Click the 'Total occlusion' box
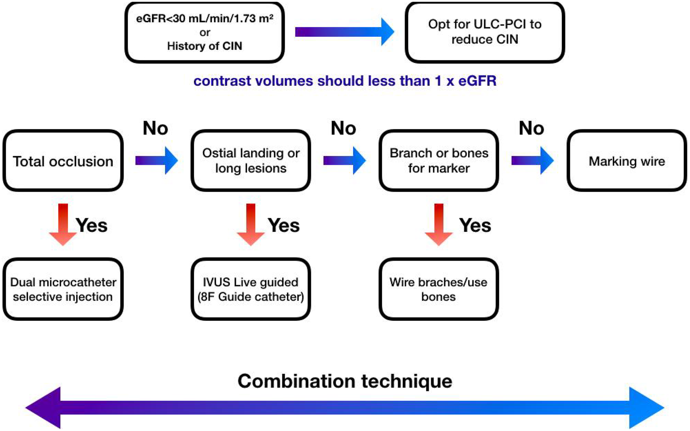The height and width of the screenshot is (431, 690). click(63, 161)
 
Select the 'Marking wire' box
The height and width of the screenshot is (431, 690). click(627, 161)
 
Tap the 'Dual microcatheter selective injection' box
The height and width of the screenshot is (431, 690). click(63, 289)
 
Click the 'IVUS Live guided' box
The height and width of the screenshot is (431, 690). click(251, 289)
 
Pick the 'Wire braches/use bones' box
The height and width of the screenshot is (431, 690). click(438, 289)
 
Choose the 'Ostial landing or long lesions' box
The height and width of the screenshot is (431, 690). click(251, 161)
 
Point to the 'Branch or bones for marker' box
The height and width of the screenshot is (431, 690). click(438, 161)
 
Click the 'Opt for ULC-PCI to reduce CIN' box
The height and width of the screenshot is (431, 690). click(484, 32)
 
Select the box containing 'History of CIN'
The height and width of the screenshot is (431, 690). click(204, 32)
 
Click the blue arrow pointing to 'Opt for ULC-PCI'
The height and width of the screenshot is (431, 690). click(344, 32)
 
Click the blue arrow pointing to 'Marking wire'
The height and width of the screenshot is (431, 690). click(532, 160)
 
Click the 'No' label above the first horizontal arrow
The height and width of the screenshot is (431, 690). click(155, 128)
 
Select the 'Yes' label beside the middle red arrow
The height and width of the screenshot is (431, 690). click(284, 225)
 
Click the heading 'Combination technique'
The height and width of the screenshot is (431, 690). click(345, 381)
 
